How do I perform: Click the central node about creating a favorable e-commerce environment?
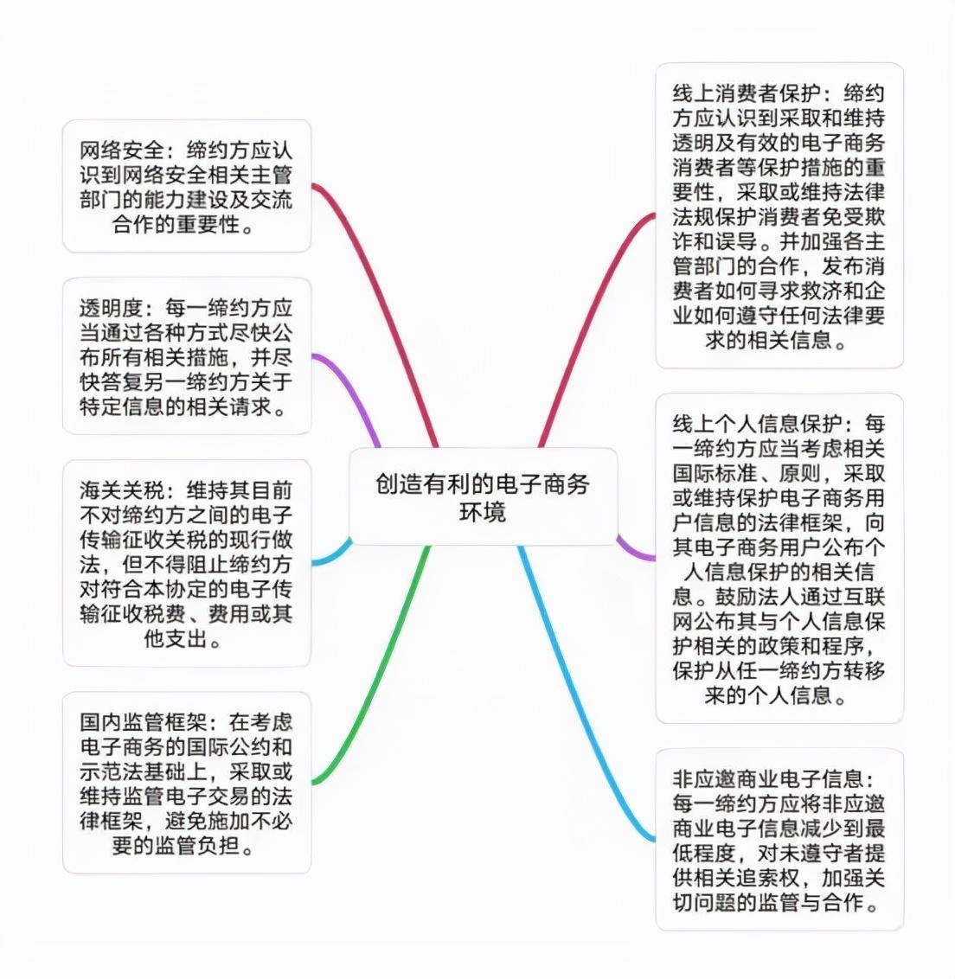pos(483,497)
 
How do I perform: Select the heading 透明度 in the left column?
pos(112,309)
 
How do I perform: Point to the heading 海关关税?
pos(122,490)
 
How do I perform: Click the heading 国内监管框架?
pos(143,723)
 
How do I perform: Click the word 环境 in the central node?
pos(483,512)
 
